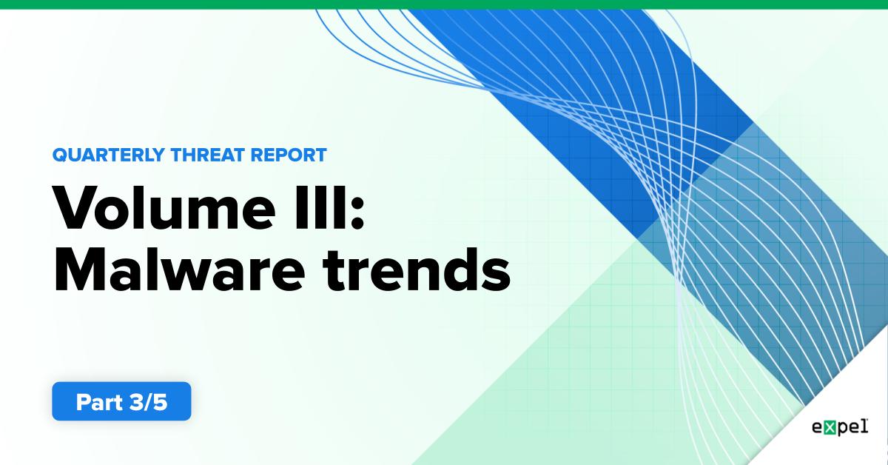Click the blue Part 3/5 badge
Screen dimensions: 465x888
121,401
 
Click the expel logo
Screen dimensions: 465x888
839,428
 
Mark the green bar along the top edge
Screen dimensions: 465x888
444,4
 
